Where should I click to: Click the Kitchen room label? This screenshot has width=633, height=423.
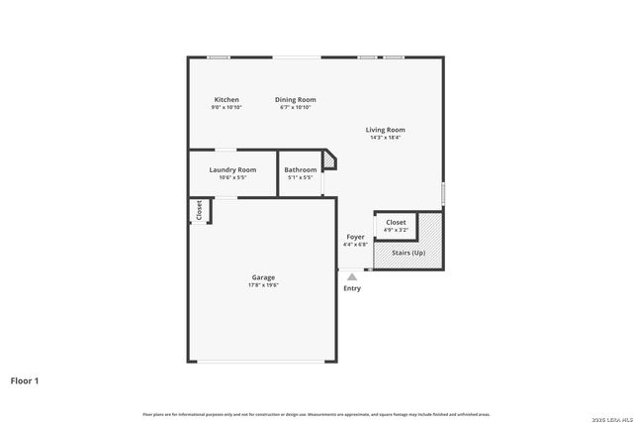pyautogui.click(x=226, y=99)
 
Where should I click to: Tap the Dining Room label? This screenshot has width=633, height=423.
pyautogui.click(x=295, y=99)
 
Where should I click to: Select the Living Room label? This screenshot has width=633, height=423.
pyautogui.click(x=385, y=130)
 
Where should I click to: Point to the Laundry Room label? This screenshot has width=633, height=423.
pyautogui.click(x=232, y=169)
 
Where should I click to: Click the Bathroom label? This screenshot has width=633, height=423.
pyautogui.click(x=300, y=169)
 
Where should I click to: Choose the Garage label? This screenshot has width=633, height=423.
pyautogui.click(x=263, y=277)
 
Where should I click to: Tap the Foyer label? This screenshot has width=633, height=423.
pyautogui.click(x=355, y=237)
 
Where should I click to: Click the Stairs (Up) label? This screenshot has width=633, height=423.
pyautogui.click(x=407, y=253)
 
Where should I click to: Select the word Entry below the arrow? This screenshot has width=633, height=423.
pyautogui.click(x=352, y=288)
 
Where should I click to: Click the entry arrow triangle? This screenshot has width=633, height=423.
pyautogui.click(x=352, y=277)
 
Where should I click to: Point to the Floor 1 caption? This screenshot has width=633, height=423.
pyautogui.click(x=25, y=379)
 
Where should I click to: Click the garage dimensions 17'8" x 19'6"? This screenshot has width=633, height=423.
pyautogui.click(x=263, y=285)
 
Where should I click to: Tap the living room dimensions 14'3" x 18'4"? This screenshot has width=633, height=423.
pyautogui.click(x=385, y=138)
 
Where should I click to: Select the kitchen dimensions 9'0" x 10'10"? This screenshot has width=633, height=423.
pyautogui.click(x=226, y=107)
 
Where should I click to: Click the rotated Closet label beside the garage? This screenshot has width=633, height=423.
pyautogui.click(x=199, y=210)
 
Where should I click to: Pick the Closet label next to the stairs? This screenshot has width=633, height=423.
pyautogui.click(x=396, y=222)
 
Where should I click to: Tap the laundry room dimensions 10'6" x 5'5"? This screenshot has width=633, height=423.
pyautogui.click(x=232, y=177)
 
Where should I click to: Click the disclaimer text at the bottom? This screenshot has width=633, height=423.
pyautogui.click(x=316, y=414)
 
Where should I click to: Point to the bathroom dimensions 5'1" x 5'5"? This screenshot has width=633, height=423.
pyautogui.click(x=300, y=177)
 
